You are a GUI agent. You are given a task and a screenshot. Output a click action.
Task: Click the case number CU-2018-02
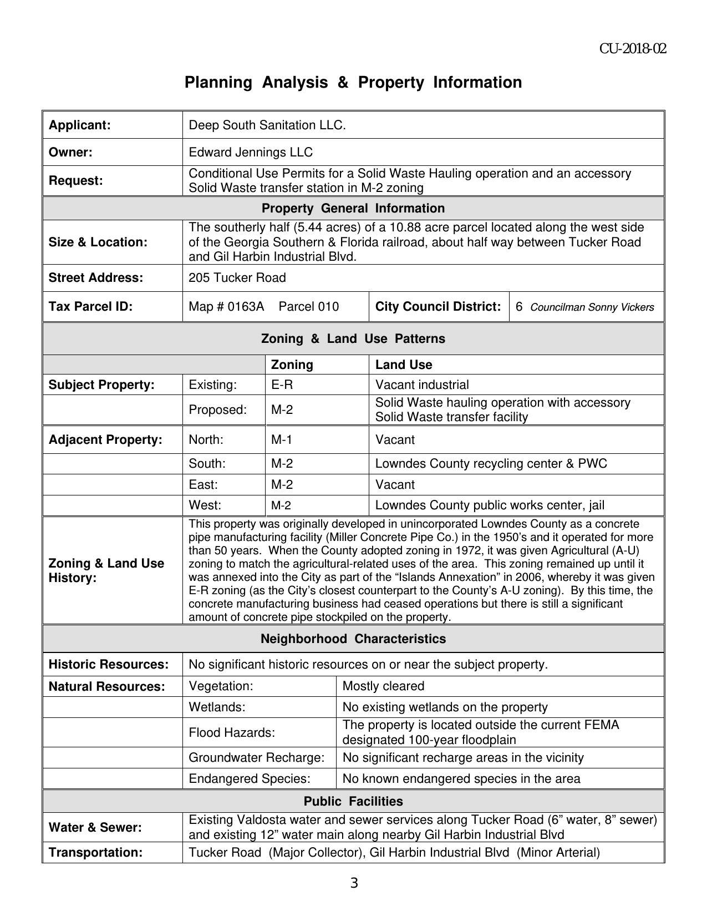coord(632,49)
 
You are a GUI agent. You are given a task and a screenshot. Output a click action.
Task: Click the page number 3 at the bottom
coord(354,883)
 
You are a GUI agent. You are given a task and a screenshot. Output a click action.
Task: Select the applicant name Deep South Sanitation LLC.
coord(267,125)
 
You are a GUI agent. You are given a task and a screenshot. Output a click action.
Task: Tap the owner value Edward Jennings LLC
coord(251,153)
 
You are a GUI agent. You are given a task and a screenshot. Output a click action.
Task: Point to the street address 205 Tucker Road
coord(237,278)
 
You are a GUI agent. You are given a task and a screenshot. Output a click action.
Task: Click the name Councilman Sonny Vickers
coord(592,307)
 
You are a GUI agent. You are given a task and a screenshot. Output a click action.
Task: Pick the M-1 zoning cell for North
coord(281,440)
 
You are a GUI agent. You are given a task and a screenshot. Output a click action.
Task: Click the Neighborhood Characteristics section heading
coord(353,639)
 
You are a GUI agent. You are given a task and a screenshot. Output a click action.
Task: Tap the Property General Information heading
coord(353,209)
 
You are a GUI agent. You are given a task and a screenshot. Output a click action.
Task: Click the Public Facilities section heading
coord(353,801)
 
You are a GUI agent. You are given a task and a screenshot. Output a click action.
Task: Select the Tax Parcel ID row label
coord(90,307)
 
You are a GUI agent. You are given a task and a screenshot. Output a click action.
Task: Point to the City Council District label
coord(438,307)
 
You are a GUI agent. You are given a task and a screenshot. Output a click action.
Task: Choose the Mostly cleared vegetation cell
coord(383,686)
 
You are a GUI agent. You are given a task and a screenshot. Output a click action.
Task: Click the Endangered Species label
coord(250,779)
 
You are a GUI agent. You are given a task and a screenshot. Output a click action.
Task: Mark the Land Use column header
coord(404,365)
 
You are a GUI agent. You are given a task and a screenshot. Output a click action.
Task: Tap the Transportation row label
coord(95,853)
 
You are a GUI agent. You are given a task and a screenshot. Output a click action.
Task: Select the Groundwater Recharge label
coord(256,758)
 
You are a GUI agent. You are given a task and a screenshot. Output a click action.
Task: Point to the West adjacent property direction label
coord(205,505)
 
